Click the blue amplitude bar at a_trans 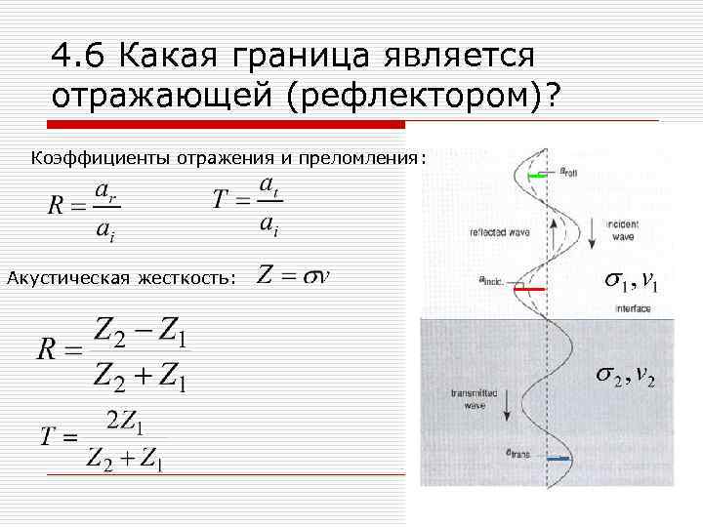pos(558,459)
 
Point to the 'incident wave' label pos(622,229)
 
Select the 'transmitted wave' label pos(474,397)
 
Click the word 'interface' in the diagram pos(632,306)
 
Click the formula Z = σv pos(293,276)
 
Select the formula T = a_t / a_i pos(247,205)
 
